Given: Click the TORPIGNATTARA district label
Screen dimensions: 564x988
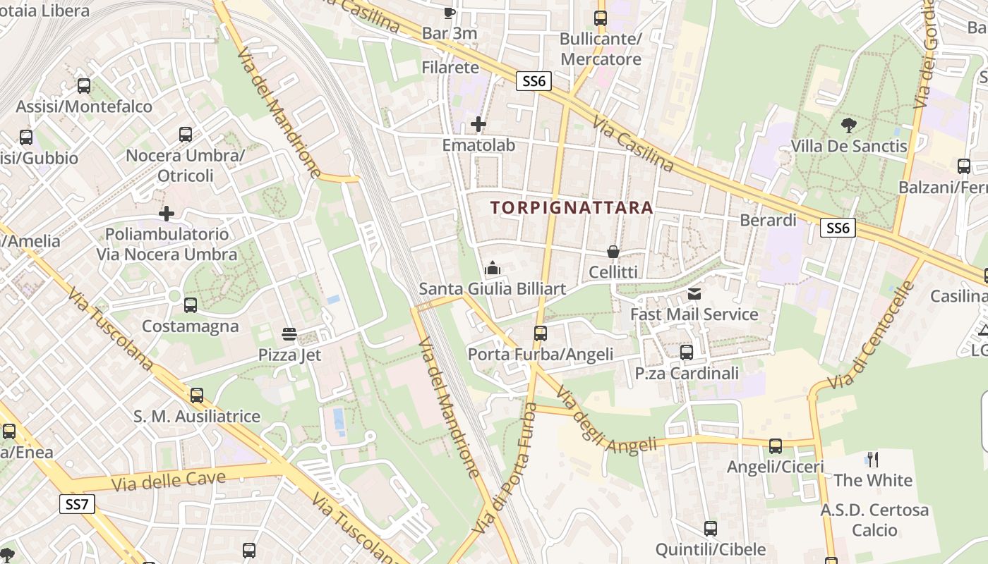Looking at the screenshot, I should point(572,208).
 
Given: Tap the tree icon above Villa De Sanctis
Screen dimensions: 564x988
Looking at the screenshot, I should point(849,126).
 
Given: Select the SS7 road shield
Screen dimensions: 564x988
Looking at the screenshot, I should point(76,504).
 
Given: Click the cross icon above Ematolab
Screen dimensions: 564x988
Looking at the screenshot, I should point(478,125).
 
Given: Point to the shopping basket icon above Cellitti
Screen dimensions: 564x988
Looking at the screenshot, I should point(613,252).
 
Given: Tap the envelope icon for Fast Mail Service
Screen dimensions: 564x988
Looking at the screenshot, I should point(694,294).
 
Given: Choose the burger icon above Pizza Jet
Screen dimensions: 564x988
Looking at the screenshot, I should point(289,333).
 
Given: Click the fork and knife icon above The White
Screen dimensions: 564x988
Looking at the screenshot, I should point(873,460).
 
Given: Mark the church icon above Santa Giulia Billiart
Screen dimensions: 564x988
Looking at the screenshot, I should point(493,268).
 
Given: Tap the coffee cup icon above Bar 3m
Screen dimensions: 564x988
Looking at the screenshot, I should point(449,13).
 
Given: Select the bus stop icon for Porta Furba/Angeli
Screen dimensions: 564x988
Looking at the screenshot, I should point(541,333).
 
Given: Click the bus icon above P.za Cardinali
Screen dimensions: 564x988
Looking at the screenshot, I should point(686,352).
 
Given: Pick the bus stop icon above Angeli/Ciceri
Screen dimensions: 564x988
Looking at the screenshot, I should point(776,446).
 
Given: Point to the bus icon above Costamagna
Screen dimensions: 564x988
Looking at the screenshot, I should point(190,305).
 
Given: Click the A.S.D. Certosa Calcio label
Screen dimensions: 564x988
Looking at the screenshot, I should point(874,520).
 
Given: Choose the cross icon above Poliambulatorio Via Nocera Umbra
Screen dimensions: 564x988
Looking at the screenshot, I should point(167,213).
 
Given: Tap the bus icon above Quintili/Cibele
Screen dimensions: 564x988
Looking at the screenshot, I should point(711,529).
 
